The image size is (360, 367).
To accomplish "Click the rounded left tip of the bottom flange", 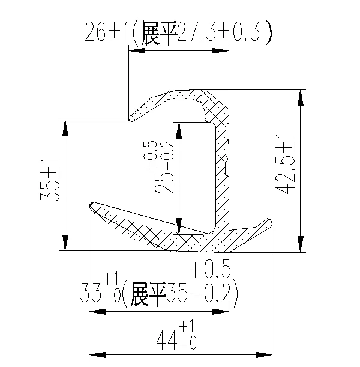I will pos(92,205).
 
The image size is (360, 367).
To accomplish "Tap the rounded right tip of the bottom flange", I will pos(269,222).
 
